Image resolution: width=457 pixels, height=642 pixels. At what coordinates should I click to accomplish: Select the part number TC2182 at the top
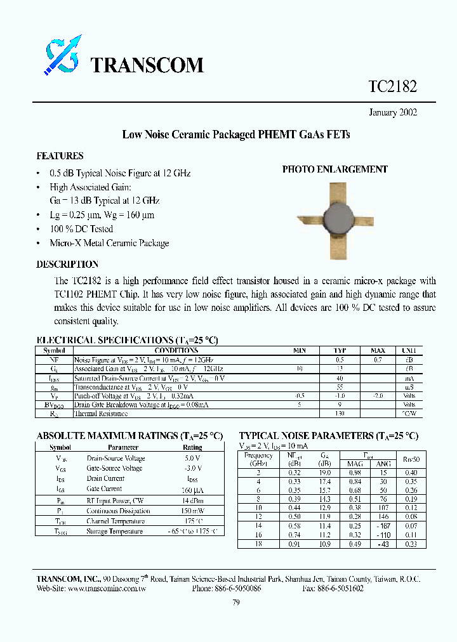click(392, 87)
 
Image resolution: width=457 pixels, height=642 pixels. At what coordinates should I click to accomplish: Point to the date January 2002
click(393, 112)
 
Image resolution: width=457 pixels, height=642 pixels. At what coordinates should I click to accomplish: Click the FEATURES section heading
click(60, 156)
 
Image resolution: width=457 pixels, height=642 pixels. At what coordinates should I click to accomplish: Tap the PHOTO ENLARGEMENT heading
click(334, 169)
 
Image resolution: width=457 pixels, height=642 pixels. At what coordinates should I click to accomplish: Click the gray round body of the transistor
click(340, 218)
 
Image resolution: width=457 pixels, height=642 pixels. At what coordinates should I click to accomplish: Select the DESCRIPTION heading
click(67, 265)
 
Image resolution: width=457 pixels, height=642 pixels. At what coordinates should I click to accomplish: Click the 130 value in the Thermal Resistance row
click(340, 414)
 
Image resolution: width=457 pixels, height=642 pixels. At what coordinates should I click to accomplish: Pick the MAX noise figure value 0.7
click(377, 359)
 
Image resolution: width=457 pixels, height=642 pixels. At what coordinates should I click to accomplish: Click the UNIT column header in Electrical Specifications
click(409, 350)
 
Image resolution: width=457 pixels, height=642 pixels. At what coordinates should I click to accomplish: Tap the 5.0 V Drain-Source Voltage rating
click(192, 458)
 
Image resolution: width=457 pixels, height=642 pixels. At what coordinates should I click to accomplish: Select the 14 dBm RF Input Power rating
click(192, 501)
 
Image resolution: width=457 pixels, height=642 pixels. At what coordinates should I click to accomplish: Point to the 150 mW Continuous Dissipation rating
click(192, 511)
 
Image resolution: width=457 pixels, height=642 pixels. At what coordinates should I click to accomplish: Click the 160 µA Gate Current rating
click(192, 489)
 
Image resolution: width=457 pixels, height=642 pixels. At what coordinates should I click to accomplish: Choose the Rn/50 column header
click(411, 459)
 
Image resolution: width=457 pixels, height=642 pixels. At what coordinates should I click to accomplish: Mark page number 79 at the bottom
click(236, 603)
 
